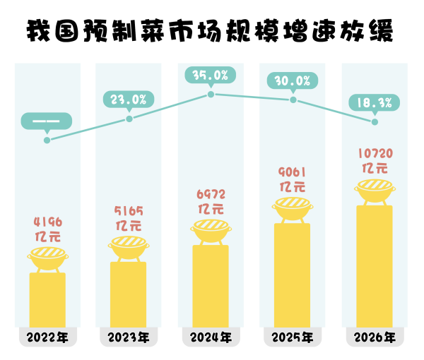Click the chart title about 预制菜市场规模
(211, 31)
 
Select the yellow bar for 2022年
(47, 300)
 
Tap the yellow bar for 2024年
(211, 286)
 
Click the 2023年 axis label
(128, 337)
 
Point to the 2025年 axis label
(292, 337)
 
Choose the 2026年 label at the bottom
(375, 337)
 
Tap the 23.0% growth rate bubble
(129, 100)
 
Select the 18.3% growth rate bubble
(375, 103)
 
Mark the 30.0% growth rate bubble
(293, 80)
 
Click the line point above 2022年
(47, 140)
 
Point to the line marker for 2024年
(211, 94)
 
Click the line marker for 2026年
(375, 122)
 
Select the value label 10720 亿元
(375, 160)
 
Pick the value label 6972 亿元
(211, 201)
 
